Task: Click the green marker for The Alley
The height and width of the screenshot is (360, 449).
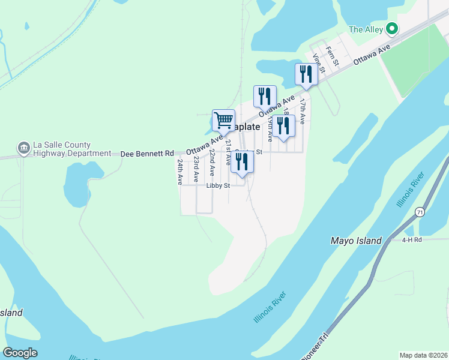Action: [x=392, y=28]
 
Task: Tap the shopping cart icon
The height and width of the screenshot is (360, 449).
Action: [x=223, y=119]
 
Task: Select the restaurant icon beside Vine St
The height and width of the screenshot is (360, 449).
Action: [x=307, y=74]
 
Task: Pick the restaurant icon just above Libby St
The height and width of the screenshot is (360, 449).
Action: [x=242, y=162]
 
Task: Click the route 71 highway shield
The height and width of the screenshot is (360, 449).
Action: [x=420, y=213]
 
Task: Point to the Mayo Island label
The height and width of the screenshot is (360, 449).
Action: [x=356, y=241]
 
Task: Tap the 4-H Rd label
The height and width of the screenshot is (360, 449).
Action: [x=412, y=240]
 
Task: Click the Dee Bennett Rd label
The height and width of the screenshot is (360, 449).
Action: [x=147, y=154]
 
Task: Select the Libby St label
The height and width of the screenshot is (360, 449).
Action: [x=218, y=186]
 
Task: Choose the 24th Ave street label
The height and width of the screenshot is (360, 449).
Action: [x=179, y=171]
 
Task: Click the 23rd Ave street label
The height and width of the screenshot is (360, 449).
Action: [x=196, y=170]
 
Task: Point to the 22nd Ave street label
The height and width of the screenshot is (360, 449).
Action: [x=211, y=163]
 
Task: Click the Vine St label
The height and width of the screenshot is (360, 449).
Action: [x=318, y=63]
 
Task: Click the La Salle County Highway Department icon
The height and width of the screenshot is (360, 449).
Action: [x=24, y=148]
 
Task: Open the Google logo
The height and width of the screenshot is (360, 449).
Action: [x=20, y=353]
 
